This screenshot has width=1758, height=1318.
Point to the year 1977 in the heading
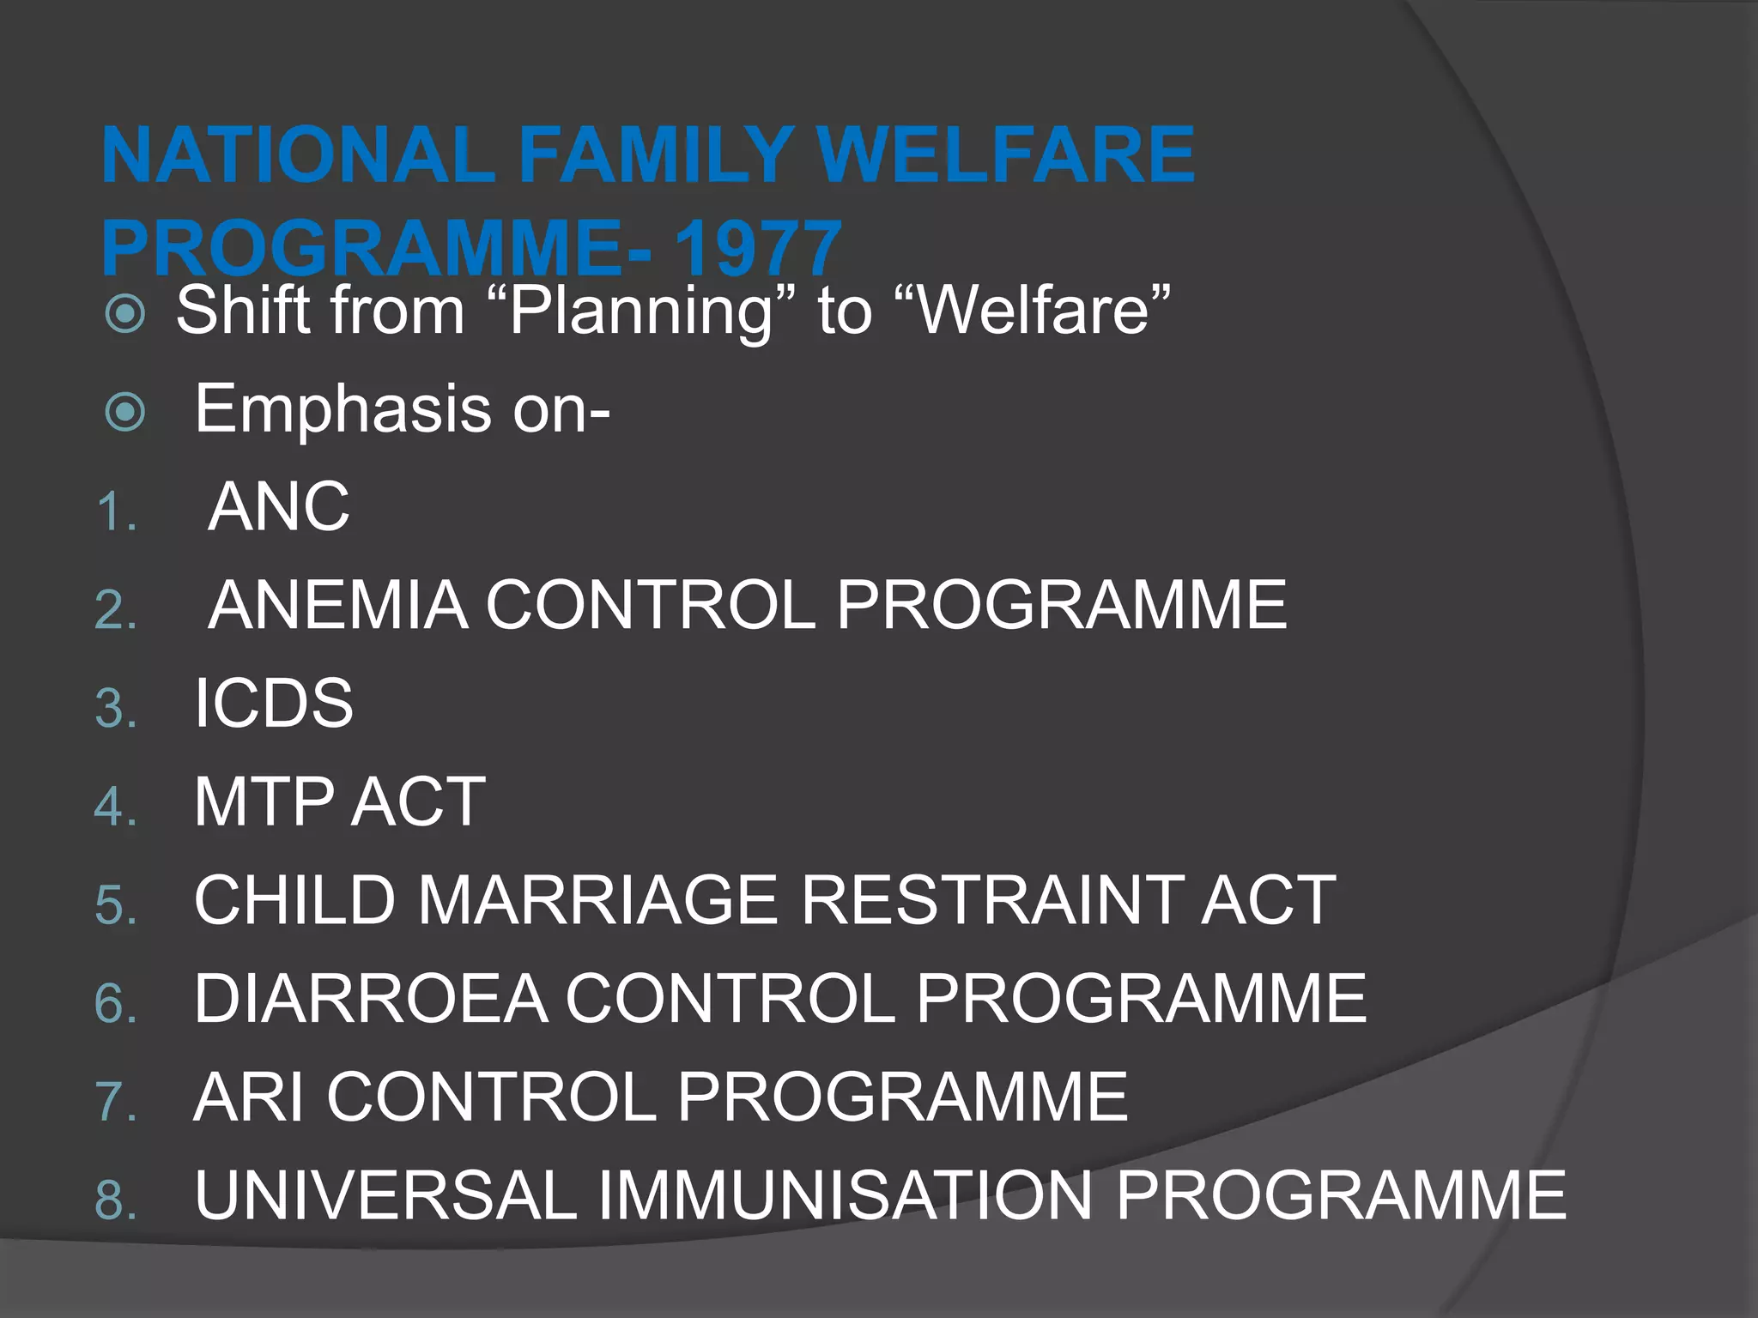coord(756,249)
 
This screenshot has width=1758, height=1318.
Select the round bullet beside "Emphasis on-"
coord(125,412)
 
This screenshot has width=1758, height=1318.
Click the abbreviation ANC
coord(279,507)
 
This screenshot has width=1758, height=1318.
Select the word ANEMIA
coord(338,606)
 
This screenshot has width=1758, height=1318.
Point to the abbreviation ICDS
coord(273,704)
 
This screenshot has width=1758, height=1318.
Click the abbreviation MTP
coord(264,802)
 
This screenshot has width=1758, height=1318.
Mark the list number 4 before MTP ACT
coord(116,807)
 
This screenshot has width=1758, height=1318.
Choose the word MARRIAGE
coord(597,901)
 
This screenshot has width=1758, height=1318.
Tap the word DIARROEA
coord(371,999)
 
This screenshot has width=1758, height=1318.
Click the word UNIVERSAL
coord(385,1195)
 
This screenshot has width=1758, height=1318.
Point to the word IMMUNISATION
coord(845,1195)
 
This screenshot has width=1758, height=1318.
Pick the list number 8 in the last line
coord(116,1200)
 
